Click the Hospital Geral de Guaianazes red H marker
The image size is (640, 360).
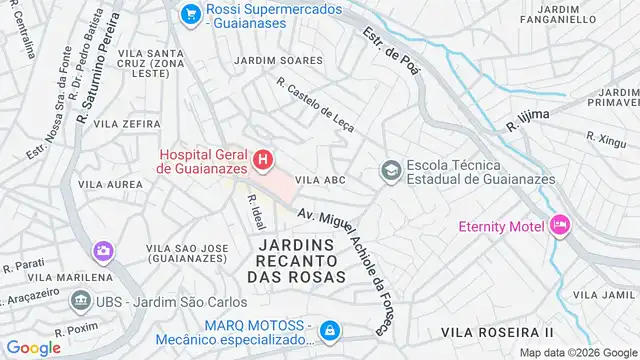coord(262,159)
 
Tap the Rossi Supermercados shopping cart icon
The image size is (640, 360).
coord(190,14)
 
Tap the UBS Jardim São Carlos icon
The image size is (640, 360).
coord(79,300)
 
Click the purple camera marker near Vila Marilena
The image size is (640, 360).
coord(102,250)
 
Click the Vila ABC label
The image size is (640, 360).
coord(321,180)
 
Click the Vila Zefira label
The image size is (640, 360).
coord(128,124)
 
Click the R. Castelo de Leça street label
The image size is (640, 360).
coord(315,109)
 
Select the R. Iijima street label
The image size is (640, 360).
coord(529,121)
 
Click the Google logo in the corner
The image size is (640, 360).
coord(34,347)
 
